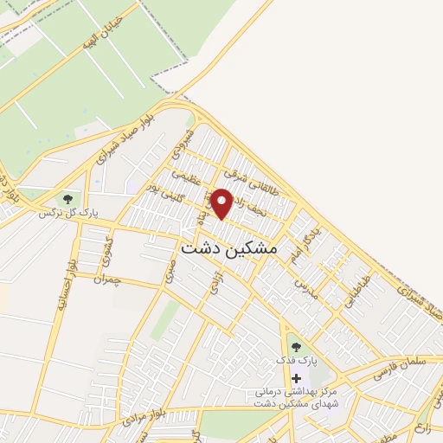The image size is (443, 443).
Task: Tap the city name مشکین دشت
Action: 229,247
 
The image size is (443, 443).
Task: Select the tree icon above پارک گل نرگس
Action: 67,199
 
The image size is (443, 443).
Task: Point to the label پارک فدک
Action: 292,359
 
